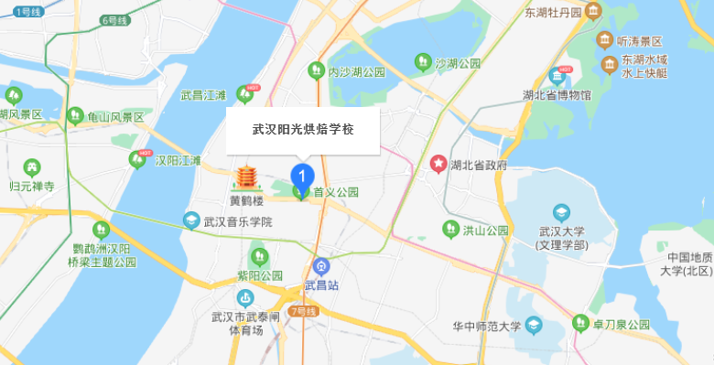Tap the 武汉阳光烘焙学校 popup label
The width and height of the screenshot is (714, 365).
coord(302,130)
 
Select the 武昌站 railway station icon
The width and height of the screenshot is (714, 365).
coord(320,267)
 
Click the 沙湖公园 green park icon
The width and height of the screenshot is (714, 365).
coord(423,62)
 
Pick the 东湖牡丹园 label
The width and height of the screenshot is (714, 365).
coord(553,13)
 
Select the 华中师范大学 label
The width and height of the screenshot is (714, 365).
coord(486,326)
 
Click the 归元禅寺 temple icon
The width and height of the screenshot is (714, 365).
coord(33,167)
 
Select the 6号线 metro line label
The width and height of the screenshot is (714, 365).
coord(116,19)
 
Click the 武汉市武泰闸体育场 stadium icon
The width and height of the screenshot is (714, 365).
coord(244,297)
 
